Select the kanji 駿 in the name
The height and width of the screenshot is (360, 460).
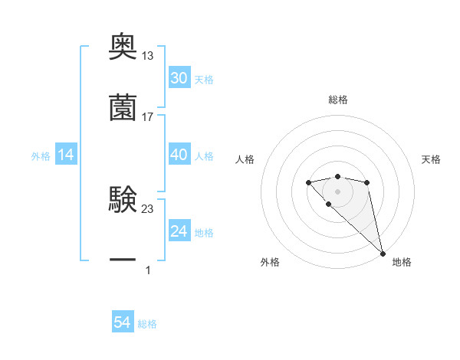pyautogui.click(x=123, y=200)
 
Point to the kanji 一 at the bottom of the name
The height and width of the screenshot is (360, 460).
pyautogui.click(x=123, y=260)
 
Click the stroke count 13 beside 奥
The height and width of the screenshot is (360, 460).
pyautogui.click(x=147, y=56)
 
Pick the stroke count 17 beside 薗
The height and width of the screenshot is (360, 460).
pyautogui.click(x=147, y=116)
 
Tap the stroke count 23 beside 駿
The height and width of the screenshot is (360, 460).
pyautogui.click(x=147, y=208)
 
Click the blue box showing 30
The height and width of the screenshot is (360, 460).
pyautogui.click(x=179, y=78)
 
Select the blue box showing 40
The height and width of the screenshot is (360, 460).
pyautogui.click(x=179, y=155)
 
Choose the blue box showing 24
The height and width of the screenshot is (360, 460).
pyautogui.click(x=179, y=231)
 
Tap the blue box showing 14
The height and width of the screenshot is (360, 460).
pyautogui.click(x=66, y=155)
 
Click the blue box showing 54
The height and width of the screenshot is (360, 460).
pyautogui.click(x=123, y=322)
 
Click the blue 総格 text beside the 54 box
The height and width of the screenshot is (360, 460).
pyautogui.click(x=147, y=324)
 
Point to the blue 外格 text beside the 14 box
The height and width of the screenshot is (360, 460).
pyautogui.click(x=41, y=155)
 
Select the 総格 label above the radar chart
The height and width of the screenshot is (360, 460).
pyautogui.click(x=337, y=100)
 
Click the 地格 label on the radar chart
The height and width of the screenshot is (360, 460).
pyautogui.click(x=402, y=262)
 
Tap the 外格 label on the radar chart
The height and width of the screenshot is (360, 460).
pyautogui.click(x=270, y=262)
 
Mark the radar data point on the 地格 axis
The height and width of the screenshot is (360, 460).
pyautogui.click(x=383, y=253)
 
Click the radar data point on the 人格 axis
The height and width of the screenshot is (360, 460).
pyautogui.click(x=308, y=182)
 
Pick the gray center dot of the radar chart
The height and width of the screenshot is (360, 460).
pyautogui.click(x=337, y=191)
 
